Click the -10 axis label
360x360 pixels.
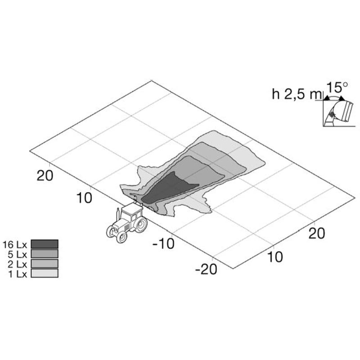point(163,244)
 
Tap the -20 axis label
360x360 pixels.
point(206,269)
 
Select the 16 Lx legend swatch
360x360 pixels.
point(45,244)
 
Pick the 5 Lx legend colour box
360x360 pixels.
point(45,254)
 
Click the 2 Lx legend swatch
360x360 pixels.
point(45,264)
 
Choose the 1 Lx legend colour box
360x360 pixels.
point(45,273)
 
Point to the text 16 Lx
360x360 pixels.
point(15,245)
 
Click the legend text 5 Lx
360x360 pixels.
point(18,255)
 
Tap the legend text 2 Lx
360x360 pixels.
point(18,265)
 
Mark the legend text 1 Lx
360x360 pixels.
point(18,274)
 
